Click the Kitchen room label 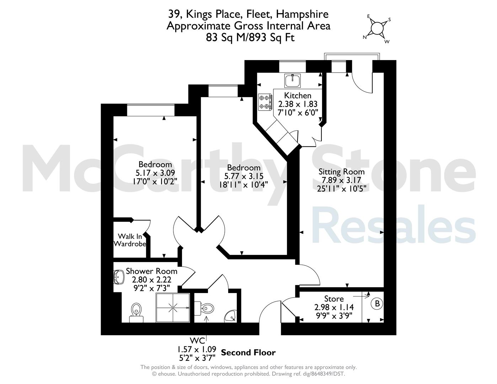(298, 95)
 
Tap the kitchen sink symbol (292, 80)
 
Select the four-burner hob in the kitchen (265, 102)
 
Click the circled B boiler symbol (377, 304)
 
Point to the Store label (334, 299)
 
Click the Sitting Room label (342, 171)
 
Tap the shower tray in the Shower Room (173, 308)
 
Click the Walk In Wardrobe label (130, 240)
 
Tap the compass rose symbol (377, 28)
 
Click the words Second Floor (248, 352)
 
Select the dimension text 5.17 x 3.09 (155, 173)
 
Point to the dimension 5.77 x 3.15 (244, 176)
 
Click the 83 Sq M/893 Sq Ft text (250, 37)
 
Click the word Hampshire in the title (302, 15)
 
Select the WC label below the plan (197, 341)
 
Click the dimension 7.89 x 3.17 (341, 180)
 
